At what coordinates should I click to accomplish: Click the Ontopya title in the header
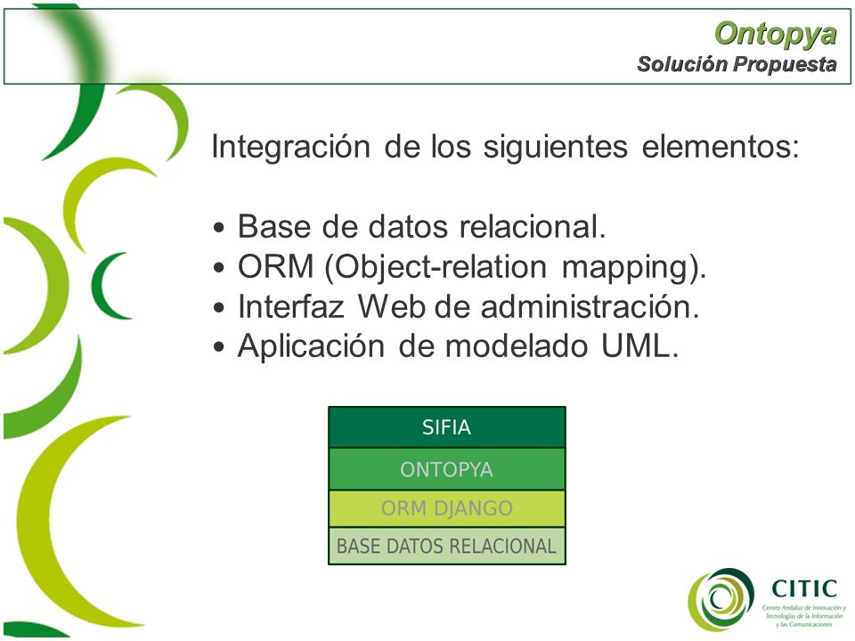775,34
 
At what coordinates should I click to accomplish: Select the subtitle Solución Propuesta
737,64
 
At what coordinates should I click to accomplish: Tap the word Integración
290,147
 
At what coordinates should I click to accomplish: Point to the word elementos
720,147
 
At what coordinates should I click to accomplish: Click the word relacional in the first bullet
533,226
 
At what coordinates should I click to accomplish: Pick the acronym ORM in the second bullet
275,266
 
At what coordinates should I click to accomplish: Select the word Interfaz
290,306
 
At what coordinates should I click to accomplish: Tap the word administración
590,306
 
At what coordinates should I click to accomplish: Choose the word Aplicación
311,346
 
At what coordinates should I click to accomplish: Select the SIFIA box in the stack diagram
446,427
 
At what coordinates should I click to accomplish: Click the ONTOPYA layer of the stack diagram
446,469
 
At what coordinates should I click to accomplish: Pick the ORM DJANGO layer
446,508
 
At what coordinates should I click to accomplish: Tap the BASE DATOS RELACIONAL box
446,546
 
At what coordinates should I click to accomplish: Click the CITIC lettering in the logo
804,588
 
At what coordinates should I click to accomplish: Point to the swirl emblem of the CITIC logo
721,599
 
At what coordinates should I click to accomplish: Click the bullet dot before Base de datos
219,227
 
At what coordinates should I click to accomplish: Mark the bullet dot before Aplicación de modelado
219,347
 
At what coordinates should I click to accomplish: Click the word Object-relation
436,268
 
